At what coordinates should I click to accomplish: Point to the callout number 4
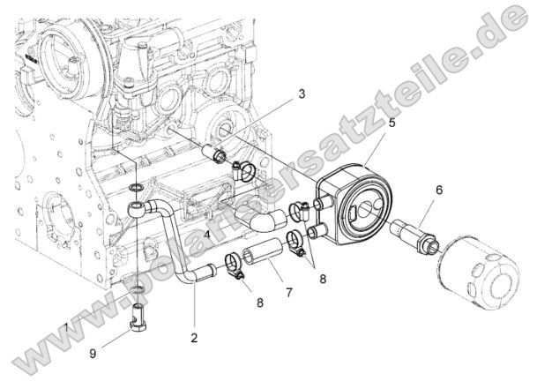click(x=205, y=235)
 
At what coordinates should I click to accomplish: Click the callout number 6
click(x=438, y=189)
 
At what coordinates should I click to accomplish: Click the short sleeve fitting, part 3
click(x=215, y=156)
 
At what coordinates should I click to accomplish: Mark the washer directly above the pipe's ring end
click(x=134, y=188)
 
